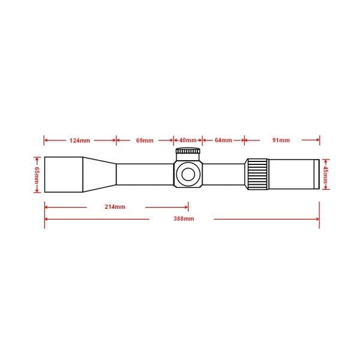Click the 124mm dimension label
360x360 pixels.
(80, 140)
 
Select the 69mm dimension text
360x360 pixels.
(145, 140)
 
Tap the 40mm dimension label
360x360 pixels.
(188, 140)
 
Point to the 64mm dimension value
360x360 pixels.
(223, 140)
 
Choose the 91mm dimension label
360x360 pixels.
(281, 140)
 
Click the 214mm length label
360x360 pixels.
(115, 207)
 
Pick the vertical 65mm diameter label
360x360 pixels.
(36, 174)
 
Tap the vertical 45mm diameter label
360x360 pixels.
(326, 174)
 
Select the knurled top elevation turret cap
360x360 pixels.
(188, 152)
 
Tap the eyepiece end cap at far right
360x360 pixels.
(316, 174)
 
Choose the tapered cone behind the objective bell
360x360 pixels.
(100, 174)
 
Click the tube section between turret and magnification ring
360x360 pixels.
(223, 174)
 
